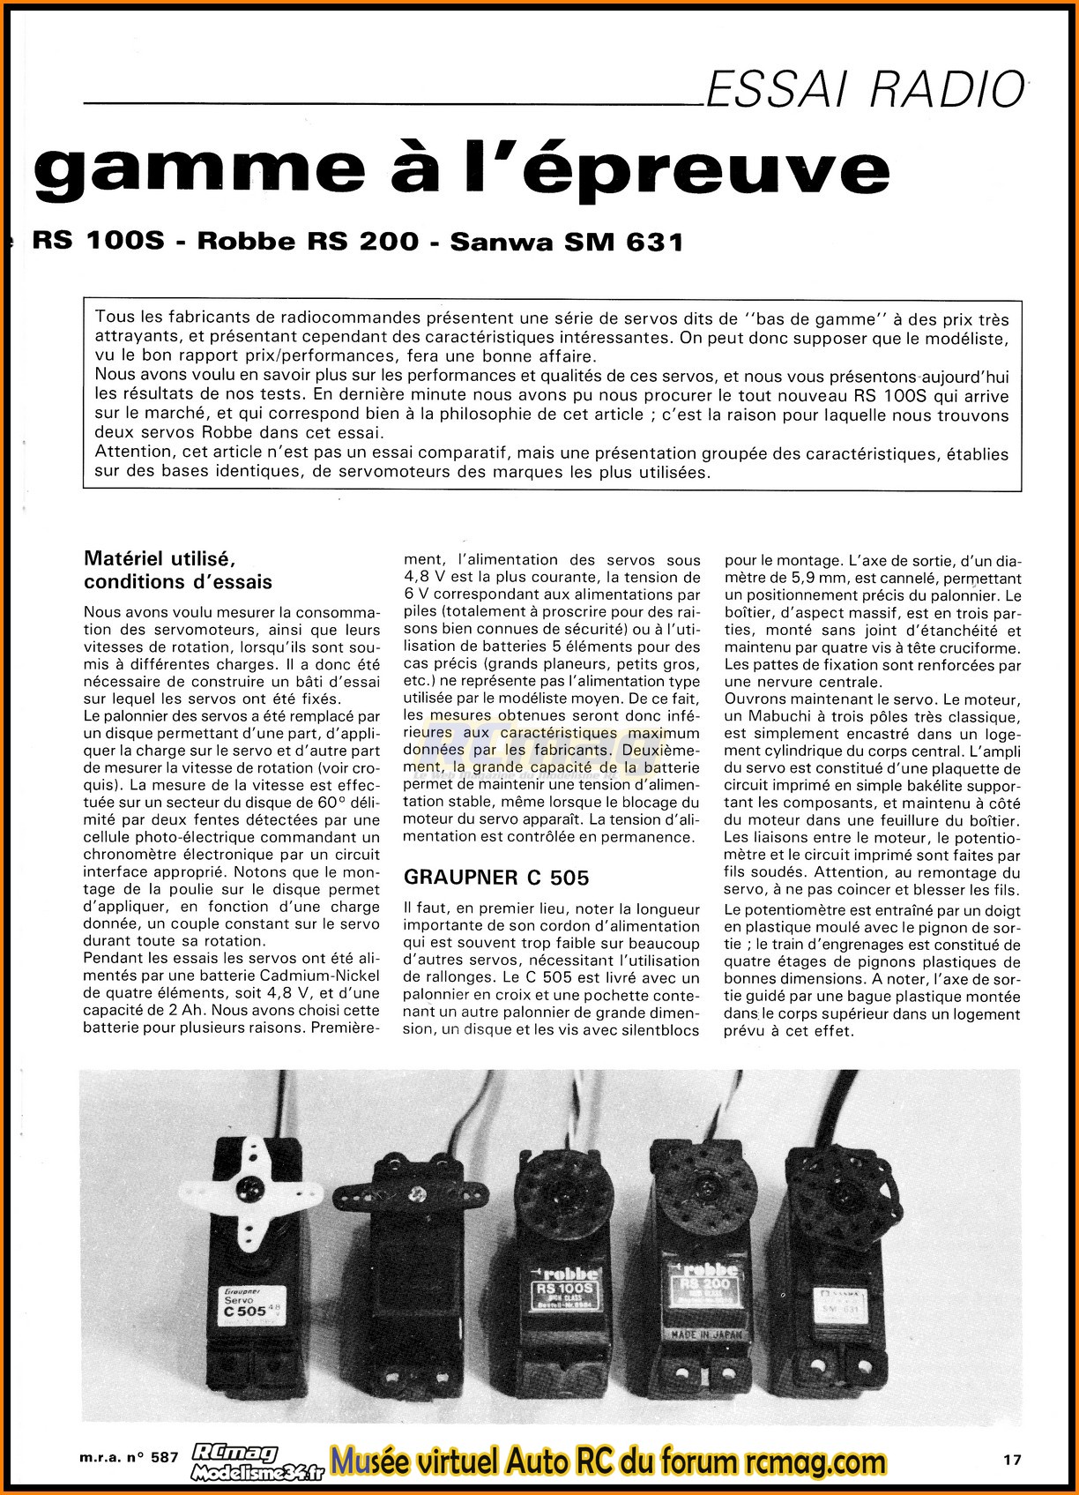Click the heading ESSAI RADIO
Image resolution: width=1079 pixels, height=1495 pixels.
[x=866, y=89]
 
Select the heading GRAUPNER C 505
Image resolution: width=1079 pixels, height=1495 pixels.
[x=495, y=877]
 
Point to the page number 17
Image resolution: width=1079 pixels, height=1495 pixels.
[x=1012, y=1460]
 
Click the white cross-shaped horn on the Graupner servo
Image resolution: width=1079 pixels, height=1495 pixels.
[x=239, y=1186]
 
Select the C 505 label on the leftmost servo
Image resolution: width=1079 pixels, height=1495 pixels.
[x=241, y=1311]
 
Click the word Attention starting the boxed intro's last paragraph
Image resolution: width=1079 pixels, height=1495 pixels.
[x=132, y=452]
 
